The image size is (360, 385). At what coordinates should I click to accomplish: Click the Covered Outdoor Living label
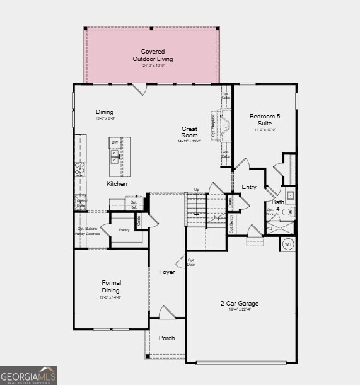pyautogui.click(x=152, y=55)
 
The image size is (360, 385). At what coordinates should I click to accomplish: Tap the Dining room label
pyautogui.click(x=105, y=112)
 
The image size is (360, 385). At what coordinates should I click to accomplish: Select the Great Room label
pyautogui.click(x=189, y=132)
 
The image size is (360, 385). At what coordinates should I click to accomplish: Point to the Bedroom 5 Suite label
pyautogui.click(x=265, y=120)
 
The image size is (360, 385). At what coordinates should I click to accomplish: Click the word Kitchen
pyautogui.click(x=117, y=184)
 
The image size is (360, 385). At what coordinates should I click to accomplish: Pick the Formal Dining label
pyautogui.click(x=112, y=287)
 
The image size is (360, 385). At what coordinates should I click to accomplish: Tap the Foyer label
pyautogui.click(x=167, y=272)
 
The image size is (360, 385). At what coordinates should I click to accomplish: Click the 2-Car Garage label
pyautogui.click(x=239, y=304)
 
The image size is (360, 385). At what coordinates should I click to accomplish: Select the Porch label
pyautogui.click(x=167, y=338)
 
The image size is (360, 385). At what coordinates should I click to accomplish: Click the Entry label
pyautogui.click(x=249, y=187)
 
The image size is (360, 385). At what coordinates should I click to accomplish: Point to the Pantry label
pyautogui.click(x=125, y=230)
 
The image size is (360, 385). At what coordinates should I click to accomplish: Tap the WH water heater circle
pyautogui.click(x=288, y=244)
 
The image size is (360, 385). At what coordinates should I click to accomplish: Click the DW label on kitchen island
pyautogui.click(x=115, y=142)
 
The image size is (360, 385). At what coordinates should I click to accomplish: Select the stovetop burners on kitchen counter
pyautogui.click(x=80, y=168)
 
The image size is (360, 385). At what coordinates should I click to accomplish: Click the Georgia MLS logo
pyautogui.click(x=28, y=375)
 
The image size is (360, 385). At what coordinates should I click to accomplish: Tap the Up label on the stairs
pyautogui.click(x=197, y=190)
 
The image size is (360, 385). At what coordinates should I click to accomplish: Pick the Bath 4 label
pyautogui.click(x=278, y=205)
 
